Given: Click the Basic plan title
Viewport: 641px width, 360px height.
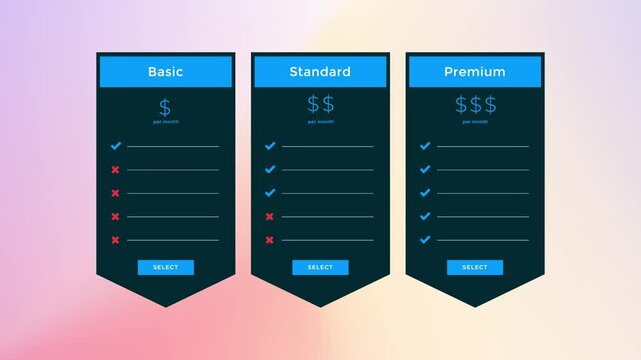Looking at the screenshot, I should point(165,72).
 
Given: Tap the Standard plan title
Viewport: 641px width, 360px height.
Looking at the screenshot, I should point(320,72).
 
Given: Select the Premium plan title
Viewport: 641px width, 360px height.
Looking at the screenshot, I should point(475,72).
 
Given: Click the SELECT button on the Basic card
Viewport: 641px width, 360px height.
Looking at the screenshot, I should point(166,267).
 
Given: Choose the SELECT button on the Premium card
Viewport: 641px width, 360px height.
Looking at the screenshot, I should point(475,267).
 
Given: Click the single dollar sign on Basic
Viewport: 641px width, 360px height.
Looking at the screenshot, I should point(165,106).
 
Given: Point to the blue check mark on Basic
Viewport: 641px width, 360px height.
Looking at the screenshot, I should point(115,146).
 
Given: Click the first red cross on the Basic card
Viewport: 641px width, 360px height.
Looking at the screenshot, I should point(115,170).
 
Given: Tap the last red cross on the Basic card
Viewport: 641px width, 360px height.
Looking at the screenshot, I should point(115,240).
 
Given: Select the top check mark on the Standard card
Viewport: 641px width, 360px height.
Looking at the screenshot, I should point(270,146).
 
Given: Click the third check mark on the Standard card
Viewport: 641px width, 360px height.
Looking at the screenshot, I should point(270,193).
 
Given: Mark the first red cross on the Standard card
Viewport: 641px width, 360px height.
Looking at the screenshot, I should point(270,216).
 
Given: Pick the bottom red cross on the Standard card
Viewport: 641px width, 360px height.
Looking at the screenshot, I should point(270,240).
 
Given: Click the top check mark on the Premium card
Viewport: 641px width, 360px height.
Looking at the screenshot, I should point(425,146).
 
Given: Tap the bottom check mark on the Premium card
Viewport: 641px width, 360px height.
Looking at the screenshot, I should point(425,240).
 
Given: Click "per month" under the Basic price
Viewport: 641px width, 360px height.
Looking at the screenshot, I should point(165,122).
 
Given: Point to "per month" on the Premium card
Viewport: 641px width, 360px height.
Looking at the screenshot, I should point(475,122).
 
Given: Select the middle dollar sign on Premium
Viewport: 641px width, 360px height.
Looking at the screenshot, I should point(475,105).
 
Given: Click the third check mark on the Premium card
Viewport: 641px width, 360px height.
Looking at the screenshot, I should point(425,193).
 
